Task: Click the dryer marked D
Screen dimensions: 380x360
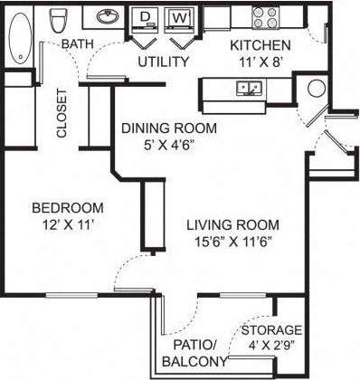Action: pyautogui.click(x=144, y=17)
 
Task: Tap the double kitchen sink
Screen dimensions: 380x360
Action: pyautogui.click(x=250, y=88)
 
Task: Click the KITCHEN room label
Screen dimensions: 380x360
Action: pyautogui.click(x=260, y=45)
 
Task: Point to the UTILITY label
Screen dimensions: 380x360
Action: pyautogui.click(x=163, y=62)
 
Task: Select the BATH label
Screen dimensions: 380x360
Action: pyautogui.click(x=76, y=44)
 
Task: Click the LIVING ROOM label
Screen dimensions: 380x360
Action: pyautogui.click(x=232, y=224)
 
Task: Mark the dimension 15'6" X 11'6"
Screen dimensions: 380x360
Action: pyautogui.click(x=232, y=242)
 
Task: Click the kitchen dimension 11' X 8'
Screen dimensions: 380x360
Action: pyautogui.click(x=260, y=62)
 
